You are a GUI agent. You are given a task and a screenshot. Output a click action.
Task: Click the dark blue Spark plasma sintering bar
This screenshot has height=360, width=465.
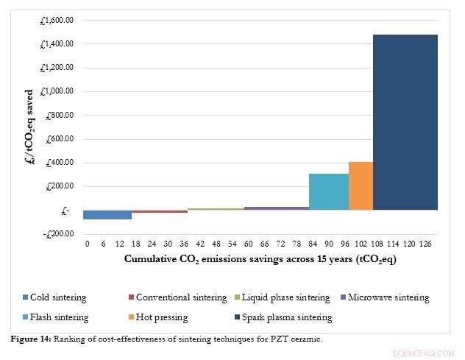[405, 121]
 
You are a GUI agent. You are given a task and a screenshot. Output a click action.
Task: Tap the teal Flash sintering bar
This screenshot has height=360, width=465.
[328, 191]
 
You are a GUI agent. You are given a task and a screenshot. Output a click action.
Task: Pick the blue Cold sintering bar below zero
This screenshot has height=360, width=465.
[107, 214]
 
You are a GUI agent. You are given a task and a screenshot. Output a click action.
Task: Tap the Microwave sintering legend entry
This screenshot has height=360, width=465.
[386, 297]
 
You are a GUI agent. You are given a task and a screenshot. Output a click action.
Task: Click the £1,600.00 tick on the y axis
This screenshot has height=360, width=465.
[57, 20]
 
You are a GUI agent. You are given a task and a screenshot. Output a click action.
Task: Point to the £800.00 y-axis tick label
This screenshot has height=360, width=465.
[59, 115]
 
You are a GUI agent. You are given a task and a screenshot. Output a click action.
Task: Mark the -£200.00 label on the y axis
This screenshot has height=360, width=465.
[57, 233]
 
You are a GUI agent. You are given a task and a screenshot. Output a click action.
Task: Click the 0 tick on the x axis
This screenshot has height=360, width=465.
[87, 244]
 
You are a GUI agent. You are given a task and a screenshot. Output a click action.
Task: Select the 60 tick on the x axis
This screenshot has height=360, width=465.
[249, 244]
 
